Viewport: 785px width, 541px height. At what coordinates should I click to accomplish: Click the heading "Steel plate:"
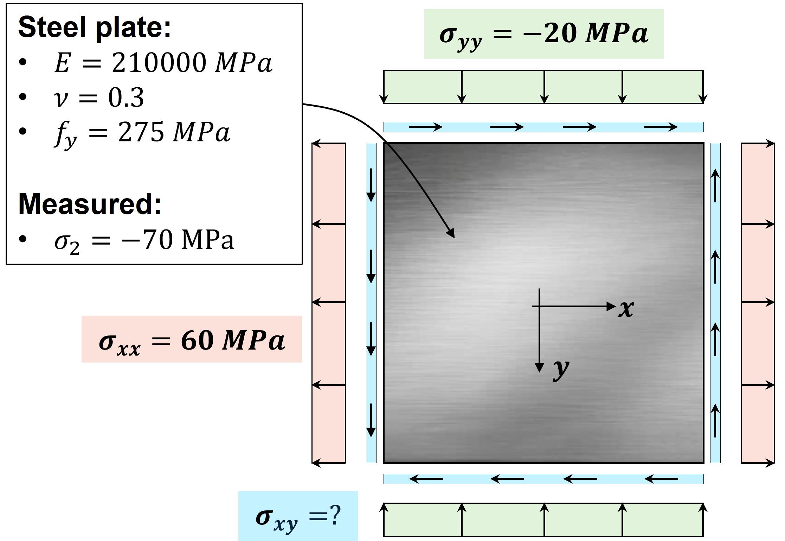[94, 27]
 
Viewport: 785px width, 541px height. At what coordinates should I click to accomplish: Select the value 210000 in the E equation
[159, 63]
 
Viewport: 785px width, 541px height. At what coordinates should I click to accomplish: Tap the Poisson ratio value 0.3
[126, 97]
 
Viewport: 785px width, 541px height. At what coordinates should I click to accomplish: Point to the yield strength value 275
[141, 132]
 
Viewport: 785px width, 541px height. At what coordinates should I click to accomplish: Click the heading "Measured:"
[90, 204]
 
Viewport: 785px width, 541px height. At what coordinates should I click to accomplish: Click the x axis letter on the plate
[626, 309]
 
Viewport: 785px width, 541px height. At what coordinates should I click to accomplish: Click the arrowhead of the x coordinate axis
[611, 307]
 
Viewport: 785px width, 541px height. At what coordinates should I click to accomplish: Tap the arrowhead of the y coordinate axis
[539, 367]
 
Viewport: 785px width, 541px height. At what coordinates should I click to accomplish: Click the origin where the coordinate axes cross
[539, 307]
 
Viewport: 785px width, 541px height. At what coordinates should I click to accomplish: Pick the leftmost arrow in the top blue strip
[425, 127]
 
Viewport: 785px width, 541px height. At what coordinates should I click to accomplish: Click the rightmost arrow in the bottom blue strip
[661, 479]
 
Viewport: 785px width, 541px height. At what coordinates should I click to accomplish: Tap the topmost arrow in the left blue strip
[371, 185]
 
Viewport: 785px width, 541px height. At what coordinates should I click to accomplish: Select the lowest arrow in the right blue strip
[715, 421]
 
